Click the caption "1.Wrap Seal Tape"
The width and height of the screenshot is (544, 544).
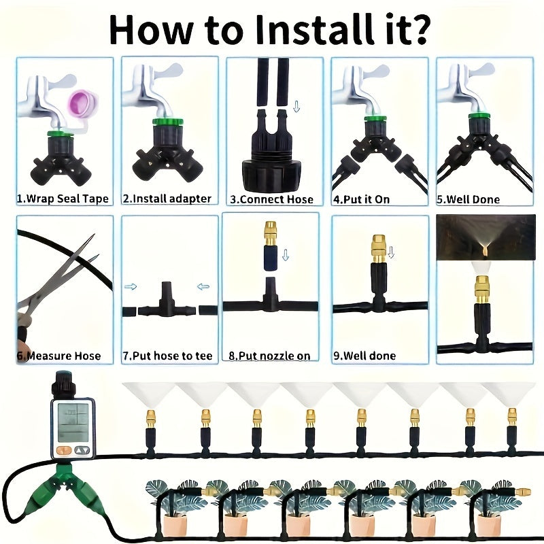tap(63, 199)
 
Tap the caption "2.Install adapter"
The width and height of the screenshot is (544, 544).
tap(167, 199)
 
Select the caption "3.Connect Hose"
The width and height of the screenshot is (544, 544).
tap(272, 199)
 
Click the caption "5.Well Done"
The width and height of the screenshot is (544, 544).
tap(468, 199)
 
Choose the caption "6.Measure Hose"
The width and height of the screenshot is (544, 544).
tap(59, 356)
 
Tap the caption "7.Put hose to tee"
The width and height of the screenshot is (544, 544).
tap(167, 356)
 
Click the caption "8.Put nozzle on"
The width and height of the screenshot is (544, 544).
tap(269, 356)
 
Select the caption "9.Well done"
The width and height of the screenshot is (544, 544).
tap(364, 356)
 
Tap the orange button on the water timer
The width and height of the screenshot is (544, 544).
tap(63, 449)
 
